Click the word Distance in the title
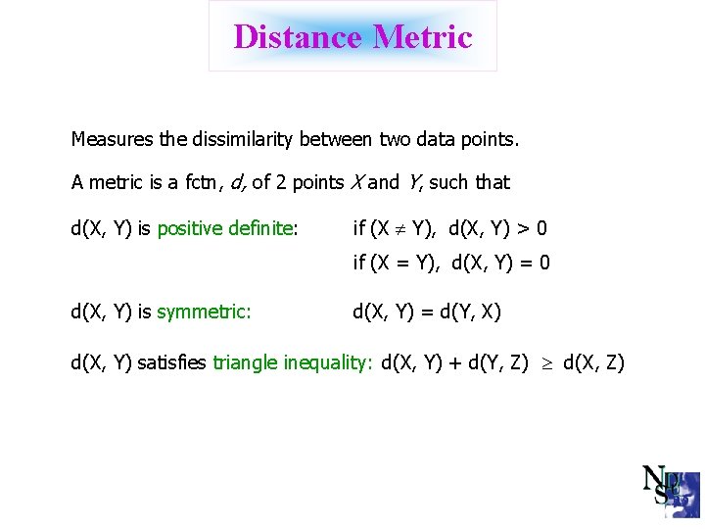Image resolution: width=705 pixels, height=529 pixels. (x=298, y=37)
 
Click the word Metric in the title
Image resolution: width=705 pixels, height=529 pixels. (x=422, y=37)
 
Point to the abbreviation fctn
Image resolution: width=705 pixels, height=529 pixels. (x=201, y=182)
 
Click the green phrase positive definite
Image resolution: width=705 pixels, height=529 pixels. (x=225, y=229)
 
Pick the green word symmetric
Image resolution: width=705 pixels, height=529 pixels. (x=204, y=313)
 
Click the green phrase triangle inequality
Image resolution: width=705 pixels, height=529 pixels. (x=292, y=363)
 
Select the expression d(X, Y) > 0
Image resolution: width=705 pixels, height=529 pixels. (x=498, y=229)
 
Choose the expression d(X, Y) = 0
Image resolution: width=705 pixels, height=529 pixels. (x=500, y=263)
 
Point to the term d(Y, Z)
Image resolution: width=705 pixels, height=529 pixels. (x=499, y=363)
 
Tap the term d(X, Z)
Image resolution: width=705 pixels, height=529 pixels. (x=593, y=363)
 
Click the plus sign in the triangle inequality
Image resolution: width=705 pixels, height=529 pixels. (x=455, y=363)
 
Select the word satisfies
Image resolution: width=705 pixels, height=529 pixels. (x=172, y=363)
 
